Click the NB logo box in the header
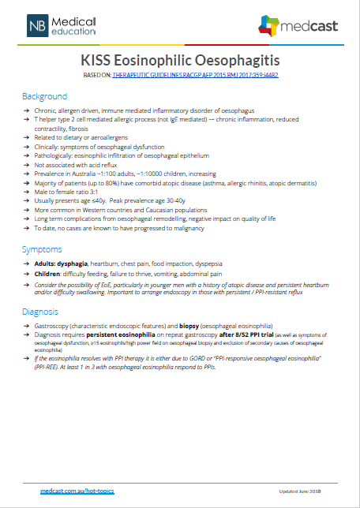click(37, 26)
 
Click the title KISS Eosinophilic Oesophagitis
click(180, 60)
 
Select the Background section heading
click(44, 95)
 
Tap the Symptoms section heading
click(43, 249)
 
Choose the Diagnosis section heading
click(42, 311)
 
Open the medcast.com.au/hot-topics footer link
click(77, 491)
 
